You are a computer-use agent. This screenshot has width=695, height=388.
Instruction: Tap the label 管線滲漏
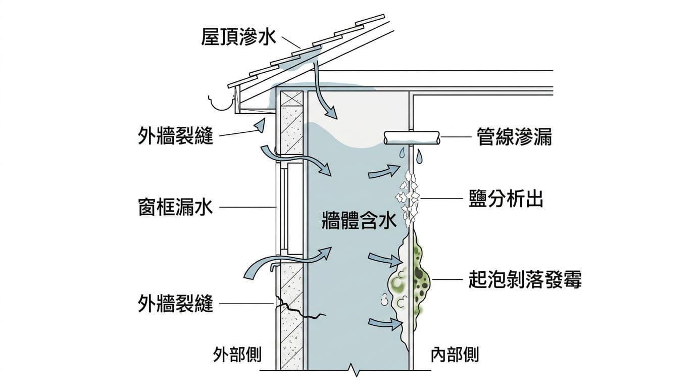click(x=514, y=137)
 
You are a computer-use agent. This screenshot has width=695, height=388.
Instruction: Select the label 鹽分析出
click(x=506, y=199)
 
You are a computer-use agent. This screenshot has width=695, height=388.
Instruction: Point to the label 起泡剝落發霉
click(x=525, y=279)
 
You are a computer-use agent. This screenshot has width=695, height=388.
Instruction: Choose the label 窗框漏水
click(x=175, y=207)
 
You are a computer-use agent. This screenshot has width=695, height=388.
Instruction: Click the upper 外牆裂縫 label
click(x=175, y=136)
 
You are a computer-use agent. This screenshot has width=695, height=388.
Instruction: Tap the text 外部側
click(x=237, y=355)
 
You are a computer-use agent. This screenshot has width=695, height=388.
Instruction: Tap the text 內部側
click(x=455, y=355)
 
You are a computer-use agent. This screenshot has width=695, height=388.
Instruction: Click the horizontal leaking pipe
click(x=411, y=137)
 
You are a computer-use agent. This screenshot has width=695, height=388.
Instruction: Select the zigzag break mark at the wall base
click(x=357, y=371)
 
